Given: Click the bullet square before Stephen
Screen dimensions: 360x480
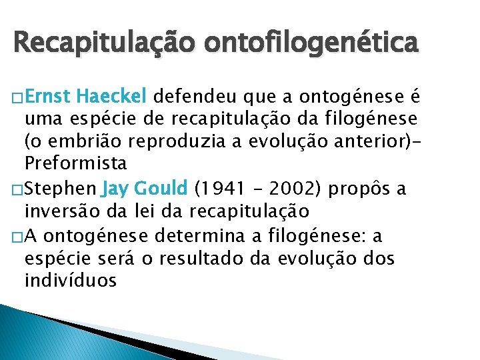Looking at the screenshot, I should pyautogui.click(x=17, y=191).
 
